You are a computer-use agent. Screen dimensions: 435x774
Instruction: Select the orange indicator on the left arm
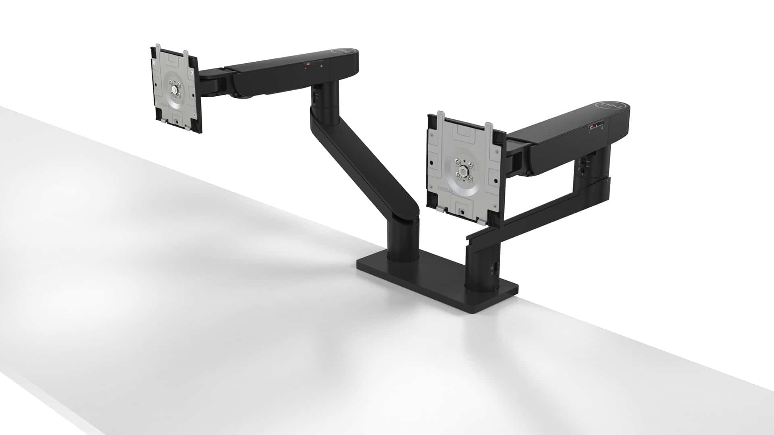click(307, 64)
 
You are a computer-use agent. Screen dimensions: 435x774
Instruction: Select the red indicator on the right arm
click(591, 127)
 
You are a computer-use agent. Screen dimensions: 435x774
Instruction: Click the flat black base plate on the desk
click(435, 282)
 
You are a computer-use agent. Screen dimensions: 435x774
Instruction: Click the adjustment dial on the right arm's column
click(582, 163)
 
